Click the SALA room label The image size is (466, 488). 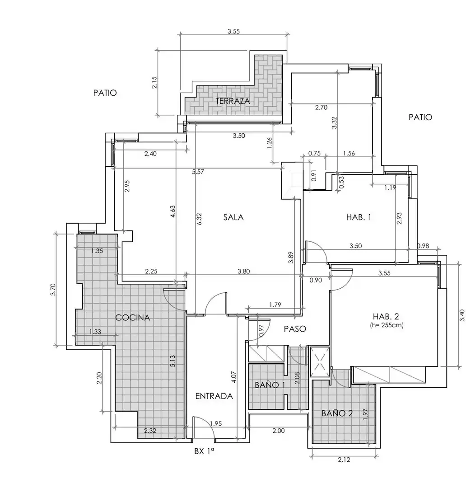coord(233,217)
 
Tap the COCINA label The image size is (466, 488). coord(132,318)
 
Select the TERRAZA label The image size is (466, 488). coord(233,101)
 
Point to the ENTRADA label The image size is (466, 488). coord(214,396)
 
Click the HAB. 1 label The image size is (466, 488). coord(359,217)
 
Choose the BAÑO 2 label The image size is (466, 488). coord(337,413)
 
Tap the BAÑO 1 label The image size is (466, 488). coord(270,385)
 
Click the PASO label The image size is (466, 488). coord(295,328)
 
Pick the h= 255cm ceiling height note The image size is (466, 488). coord(387,325)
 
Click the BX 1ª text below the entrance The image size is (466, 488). coord(204,451)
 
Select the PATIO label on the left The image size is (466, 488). coord(105,93)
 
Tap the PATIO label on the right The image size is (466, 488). coord(420,117)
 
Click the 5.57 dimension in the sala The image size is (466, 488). coord(198,172)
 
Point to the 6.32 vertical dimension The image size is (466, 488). coord(200,219)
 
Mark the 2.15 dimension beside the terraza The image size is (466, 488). coord(154,83)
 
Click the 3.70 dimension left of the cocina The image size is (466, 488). coord(53,290)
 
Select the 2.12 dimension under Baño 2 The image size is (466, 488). coord(344,460)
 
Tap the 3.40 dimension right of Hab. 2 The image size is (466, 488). coord(461,315)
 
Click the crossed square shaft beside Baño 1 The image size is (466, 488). coord(320,362)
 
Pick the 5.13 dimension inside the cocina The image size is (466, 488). coord(173,361)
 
